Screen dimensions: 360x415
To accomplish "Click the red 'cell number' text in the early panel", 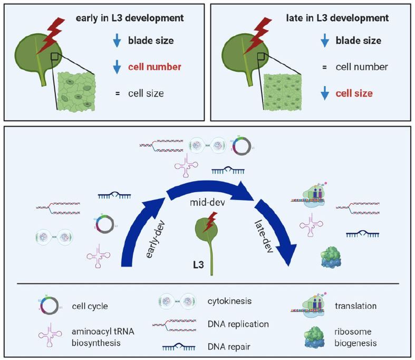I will pyautogui.click(x=155, y=67).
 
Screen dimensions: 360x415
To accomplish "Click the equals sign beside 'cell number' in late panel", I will pyautogui.click(x=325, y=67).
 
